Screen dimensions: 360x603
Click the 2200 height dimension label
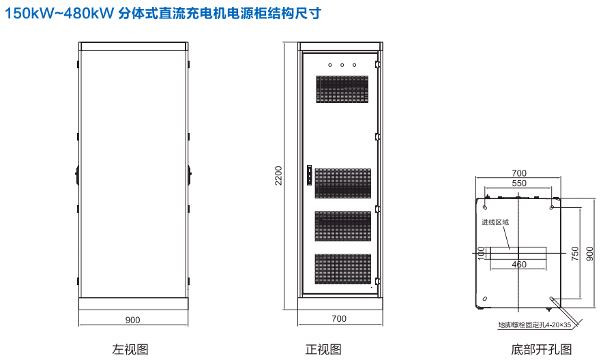278,176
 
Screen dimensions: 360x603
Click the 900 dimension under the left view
132,319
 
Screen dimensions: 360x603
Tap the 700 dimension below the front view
338,318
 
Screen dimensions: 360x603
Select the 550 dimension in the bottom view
518,184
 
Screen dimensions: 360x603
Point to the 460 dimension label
518,265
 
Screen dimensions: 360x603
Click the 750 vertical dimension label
574,252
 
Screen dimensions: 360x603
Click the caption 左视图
130,349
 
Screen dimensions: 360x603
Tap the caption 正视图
323,349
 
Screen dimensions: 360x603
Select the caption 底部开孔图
542,350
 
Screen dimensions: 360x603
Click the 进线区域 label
495,222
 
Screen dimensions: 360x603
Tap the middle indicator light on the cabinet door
342,66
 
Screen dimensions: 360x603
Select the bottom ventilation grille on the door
342,270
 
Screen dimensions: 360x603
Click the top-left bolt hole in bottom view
485,206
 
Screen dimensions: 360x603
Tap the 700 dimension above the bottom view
518,172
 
